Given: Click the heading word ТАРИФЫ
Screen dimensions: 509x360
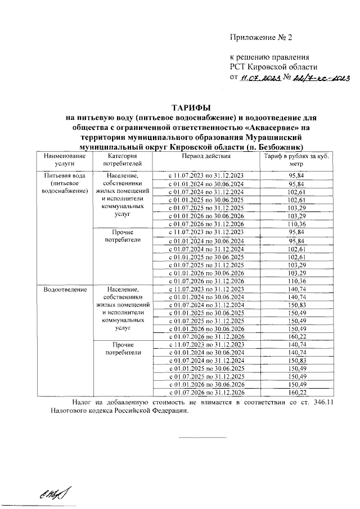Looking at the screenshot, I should click(x=191, y=107).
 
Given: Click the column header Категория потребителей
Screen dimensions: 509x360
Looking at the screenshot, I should click(x=121, y=160).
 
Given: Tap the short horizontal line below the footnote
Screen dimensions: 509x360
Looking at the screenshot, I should click(x=202, y=437).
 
